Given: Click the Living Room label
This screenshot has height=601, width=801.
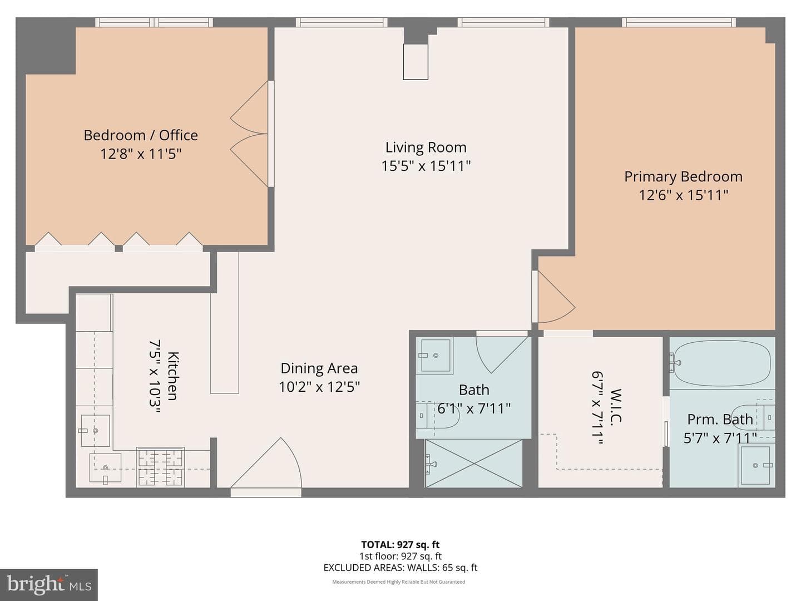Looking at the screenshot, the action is click(x=426, y=147).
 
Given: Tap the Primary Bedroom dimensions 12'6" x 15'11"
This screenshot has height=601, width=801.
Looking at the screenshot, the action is click(x=683, y=195).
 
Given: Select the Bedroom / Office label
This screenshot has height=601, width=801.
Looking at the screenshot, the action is click(x=141, y=135).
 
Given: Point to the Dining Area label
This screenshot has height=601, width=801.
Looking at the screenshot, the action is click(x=319, y=368).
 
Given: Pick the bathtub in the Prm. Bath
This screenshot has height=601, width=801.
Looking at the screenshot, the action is click(x=722, y=363).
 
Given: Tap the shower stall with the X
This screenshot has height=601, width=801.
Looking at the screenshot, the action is click(x=474, y=463).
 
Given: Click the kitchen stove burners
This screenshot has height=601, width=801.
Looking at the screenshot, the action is click(x=160, y=467).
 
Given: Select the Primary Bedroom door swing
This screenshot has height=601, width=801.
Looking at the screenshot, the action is click(x=556, y=297).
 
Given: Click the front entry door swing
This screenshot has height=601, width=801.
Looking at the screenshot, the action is click(x=266, y=463).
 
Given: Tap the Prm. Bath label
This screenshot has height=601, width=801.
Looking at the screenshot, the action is click(x=720, y=419).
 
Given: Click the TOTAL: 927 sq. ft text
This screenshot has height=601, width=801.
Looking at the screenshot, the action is click(x=400, y=544).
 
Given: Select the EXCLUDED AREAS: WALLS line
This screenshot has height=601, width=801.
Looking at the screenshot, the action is click(x=400, y=568).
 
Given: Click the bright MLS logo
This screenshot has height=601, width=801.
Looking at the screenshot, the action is click(x=49, y=584).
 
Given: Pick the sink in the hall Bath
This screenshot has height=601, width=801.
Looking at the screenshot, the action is click(x=435, y=356).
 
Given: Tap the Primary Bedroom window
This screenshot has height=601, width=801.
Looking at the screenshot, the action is click(x=679, y=22).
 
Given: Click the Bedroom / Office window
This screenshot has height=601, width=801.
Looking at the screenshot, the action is click(x=154, y=22).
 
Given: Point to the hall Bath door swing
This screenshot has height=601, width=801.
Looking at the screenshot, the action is click(x=502, y=354).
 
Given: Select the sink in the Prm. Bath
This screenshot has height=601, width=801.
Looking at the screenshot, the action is click(x=755, y=465).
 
